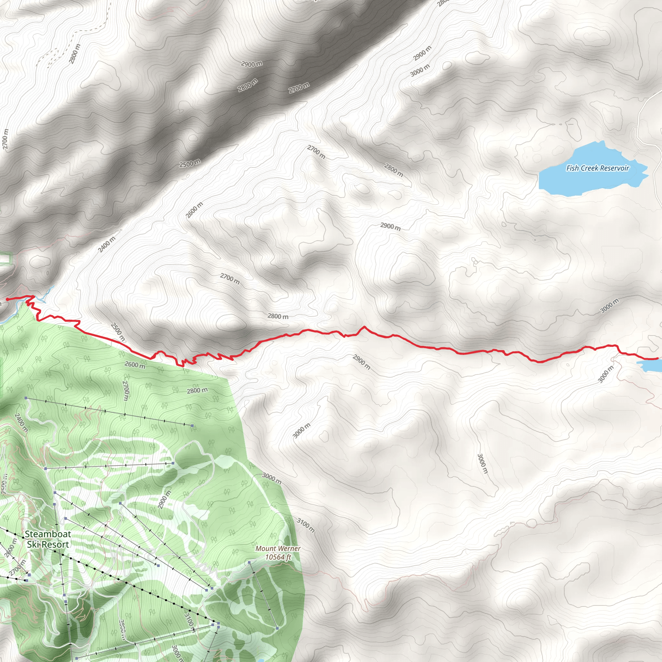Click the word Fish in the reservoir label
(x=572, y=168)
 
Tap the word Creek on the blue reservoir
(x=590, y=168)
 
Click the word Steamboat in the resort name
(x=48, y=534)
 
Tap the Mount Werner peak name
(x=278, y=549)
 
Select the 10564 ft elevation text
(x=278, y=557)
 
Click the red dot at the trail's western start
(x=7, y=299)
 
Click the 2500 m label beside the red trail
(x=118, y=331)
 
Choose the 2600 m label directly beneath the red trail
(x=135, y=365)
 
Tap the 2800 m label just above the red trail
(x=278, y=316)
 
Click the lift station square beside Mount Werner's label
(x=250, y=563)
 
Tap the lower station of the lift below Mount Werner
(x=277, y=628)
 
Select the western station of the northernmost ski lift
(x=26, y=398)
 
